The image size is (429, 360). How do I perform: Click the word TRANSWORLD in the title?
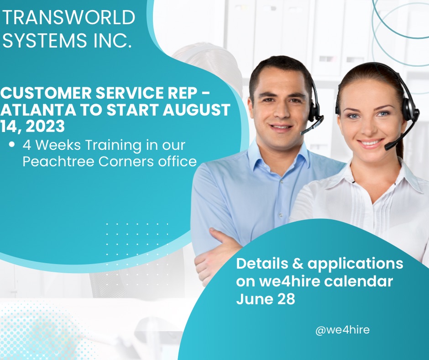pos(69,18)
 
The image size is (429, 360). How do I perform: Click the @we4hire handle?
pos(342,329)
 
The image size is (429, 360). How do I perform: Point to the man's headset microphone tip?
pos(303,132)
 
